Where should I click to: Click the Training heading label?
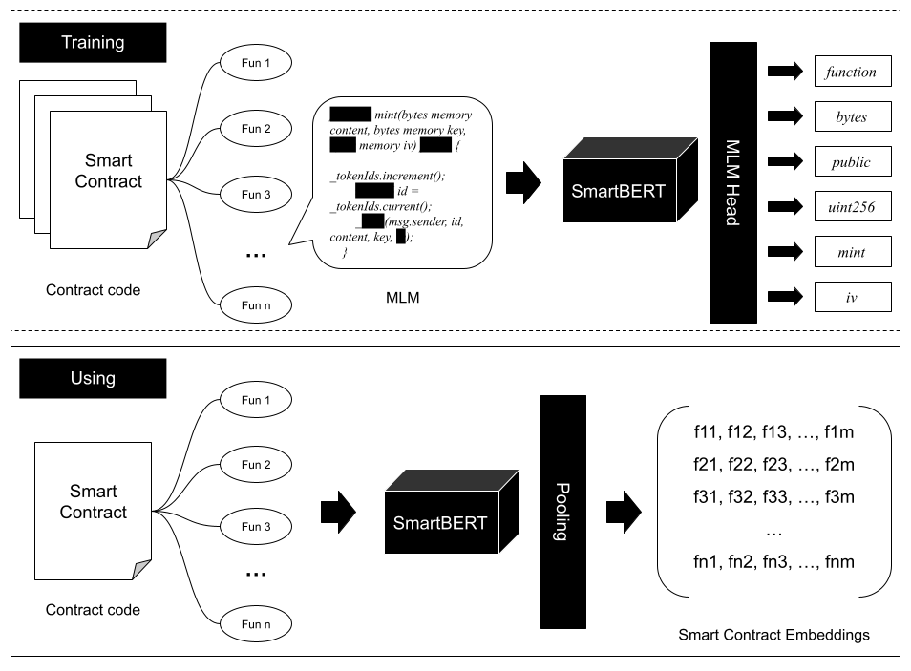pos(93,43)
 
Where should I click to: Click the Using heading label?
pos(93,378)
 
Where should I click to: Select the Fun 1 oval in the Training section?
pos(256,64)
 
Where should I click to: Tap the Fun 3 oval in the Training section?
pos(256,195)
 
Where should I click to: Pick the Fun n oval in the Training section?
pos(256,305)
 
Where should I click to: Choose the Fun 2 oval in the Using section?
pos(256,465)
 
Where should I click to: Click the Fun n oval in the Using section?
pos(256,624)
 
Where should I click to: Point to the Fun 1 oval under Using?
pos(256,400)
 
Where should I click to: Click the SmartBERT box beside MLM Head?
pos(619,189)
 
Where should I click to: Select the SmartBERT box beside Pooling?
pos(440,522)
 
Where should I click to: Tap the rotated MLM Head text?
pos(731,182)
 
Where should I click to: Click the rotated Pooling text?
pos(562,512)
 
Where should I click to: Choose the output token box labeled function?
pos(852,73)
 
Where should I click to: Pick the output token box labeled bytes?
pos(852,117)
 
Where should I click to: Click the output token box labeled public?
pos(852,162)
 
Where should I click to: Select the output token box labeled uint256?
pos(852,207)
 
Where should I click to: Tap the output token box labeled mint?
pos(852,252)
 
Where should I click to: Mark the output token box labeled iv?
pos(852,298)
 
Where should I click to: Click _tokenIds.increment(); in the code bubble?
pos(388,176)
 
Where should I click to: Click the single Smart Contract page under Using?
pos(93,510)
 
